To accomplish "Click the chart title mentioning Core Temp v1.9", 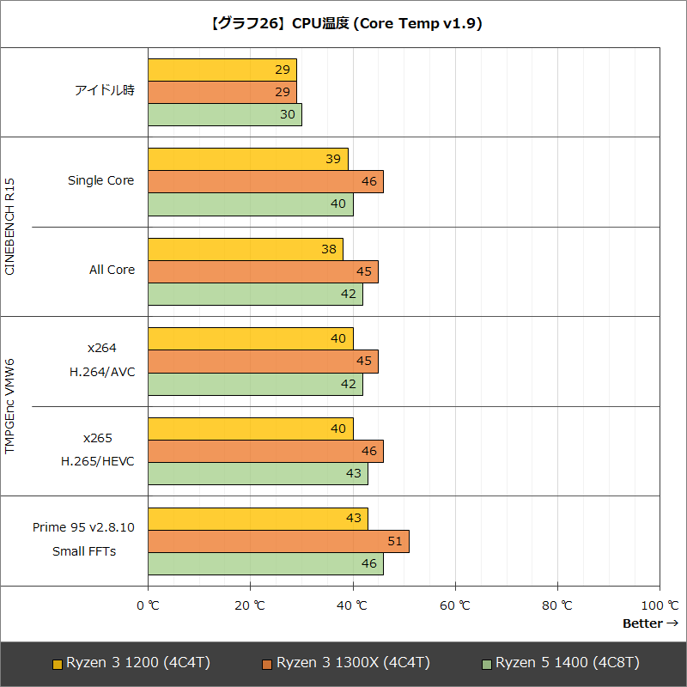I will click(x=343, y=24).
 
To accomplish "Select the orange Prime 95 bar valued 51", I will click(x=278, y=541).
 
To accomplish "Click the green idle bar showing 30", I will click(x=225, y=114).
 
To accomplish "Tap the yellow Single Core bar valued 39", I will click(x=247, y=159).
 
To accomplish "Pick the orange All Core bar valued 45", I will click(x=263, y=271).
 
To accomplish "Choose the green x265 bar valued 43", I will click(x=258, y=473).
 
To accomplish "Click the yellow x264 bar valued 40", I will click(x=250, y=338).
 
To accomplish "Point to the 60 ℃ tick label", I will click(x=455, y=605).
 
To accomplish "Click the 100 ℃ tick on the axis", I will click(x=660, y=605).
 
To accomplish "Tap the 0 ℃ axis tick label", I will click(x=148, y=605).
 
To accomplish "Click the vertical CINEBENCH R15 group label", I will click(x=10, y=227).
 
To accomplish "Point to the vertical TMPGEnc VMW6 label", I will click(x=10, y=406).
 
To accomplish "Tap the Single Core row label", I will click(x=101, y=180).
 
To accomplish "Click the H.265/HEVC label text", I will click(x=97, y=461).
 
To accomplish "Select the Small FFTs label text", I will click(x=84, y=550).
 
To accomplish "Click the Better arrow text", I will click(x=650, y=623).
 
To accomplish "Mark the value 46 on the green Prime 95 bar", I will click(x=369, y=563).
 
